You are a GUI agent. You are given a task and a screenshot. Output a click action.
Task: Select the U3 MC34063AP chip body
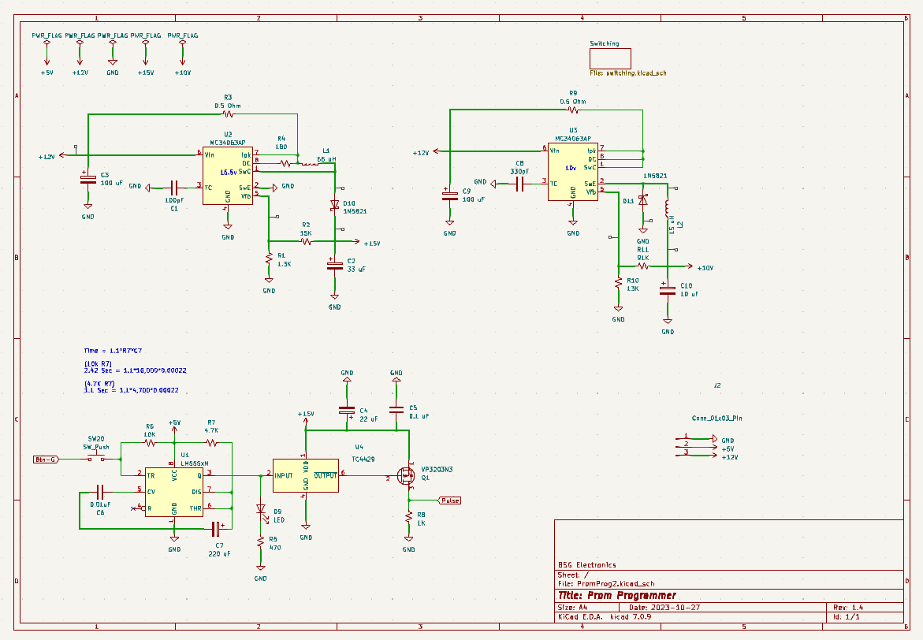[x=573, y=171]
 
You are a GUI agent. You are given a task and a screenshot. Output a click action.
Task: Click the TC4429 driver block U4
[x=306, y=475]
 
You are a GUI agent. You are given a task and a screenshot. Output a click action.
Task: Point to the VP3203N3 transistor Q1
[x=406, y=475]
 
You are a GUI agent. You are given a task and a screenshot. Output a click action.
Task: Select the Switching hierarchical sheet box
[x=610, y=58]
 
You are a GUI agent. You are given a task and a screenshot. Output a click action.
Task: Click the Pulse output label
[x=450, y=500]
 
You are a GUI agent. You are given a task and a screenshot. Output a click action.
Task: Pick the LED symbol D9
[x=261, y=510]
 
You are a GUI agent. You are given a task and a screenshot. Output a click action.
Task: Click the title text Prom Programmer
[x=616, y=596]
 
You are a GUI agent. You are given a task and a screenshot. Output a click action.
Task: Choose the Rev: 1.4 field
[x=848, y=608]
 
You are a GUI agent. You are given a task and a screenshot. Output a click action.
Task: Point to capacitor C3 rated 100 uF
[x=87, y=180]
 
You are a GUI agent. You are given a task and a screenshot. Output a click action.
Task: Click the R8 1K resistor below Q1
[x=409, y=517]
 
